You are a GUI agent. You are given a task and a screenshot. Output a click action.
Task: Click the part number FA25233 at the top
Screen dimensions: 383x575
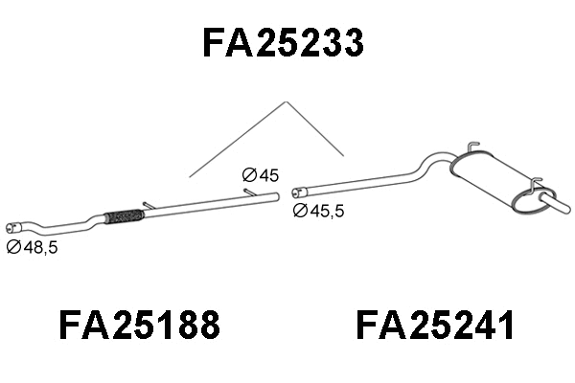click(x=283, y=43)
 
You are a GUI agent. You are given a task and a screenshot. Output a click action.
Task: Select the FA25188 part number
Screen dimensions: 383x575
click(x=140, y=326)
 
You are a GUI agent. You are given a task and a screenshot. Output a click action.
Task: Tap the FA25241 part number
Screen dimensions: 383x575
click(x=436, y=326)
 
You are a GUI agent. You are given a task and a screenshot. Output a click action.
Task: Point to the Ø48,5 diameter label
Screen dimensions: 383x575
click(x=34, y=247)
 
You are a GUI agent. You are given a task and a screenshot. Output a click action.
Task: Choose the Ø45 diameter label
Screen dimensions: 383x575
click(x=260, y=175)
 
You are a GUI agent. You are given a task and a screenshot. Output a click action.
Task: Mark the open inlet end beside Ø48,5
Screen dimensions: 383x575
click(x=12, y=228)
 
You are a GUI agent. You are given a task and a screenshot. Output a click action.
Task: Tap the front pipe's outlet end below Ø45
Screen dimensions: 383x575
click(x=276, y=196)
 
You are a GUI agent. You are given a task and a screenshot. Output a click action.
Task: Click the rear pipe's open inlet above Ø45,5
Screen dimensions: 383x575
click(x=297, y=191)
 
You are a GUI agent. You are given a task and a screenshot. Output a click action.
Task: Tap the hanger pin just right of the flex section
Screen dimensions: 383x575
click(x=148, y=204)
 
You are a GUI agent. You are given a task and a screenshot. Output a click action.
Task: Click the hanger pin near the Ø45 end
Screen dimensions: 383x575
click(x=249, y=192)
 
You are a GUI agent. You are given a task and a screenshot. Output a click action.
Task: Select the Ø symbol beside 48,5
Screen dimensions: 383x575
click(x=13, y=247)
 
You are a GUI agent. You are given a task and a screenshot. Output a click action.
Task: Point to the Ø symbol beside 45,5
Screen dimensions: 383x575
click(x=299, y=211)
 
